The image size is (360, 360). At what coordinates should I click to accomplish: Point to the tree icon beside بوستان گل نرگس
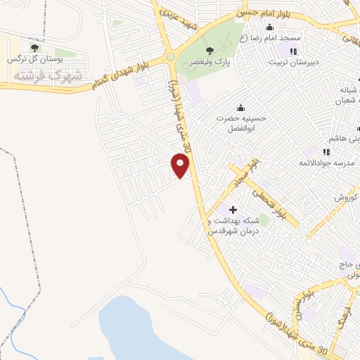point(32,48)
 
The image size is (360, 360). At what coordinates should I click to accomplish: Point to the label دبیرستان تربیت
point(295,61)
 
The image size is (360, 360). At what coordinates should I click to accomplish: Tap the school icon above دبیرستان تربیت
point(293,51)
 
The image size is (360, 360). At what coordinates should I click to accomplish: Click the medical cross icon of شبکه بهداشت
point(233,210)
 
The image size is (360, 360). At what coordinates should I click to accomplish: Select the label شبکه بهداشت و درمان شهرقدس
point(233,225)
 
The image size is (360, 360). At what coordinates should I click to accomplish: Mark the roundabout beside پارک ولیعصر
point(170,58)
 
